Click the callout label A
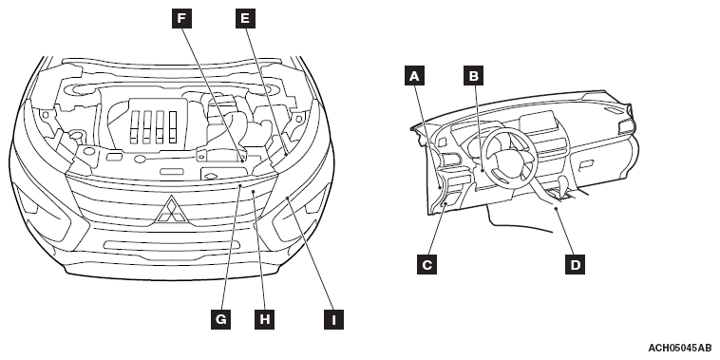[x=414, y=76]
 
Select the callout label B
[x=473, y=76]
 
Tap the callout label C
[x=426, y=264]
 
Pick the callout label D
[x=575, y=264]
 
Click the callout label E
[x=245, y=19]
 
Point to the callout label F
[x=181, y=19]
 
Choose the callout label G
[x=221, y=319]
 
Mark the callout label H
[x=264, y=319]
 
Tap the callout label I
[x=333, y=319]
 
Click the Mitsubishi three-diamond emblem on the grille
[x=171, y=210]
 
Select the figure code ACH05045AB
[x=679, y=348]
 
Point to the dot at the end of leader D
[x=556, y=208]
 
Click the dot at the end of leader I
[x=288, y=198]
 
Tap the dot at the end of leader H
[x=253, y=192]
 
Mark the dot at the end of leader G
[x=240, y=185]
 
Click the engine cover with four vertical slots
[x=155, y=124]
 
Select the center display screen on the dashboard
[x=539, y=123]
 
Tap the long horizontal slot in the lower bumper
[x=172, y=245]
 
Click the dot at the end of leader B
[x=483, y=170]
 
